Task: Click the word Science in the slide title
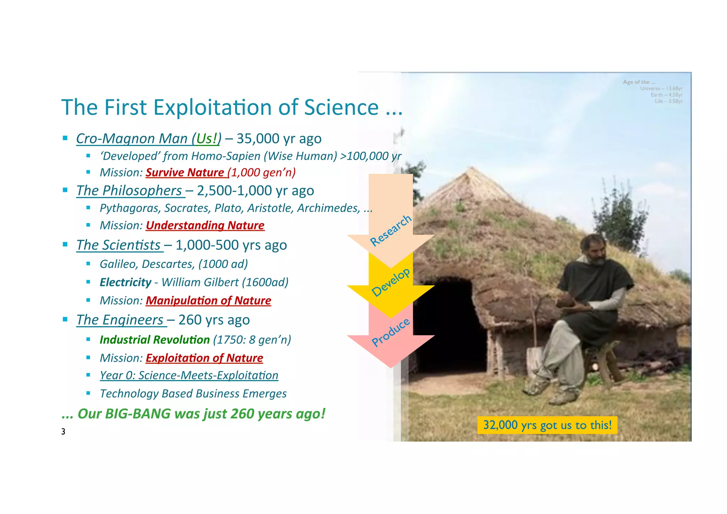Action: click(341, 107)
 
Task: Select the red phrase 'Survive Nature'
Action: click(185, 172)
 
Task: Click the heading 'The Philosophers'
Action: click(130, 191)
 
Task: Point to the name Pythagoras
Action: click(130, 208)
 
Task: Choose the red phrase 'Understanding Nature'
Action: click(205, 225)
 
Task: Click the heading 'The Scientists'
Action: click(119, 245)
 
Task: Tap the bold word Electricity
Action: click(125, 282)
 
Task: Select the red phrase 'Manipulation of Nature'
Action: click(208, 301)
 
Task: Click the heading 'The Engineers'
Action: click(120, 320)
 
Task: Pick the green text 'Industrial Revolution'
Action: click(154, 340)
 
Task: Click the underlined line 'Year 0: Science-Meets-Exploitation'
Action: click(189, 375)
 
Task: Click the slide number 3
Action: click(63, 432)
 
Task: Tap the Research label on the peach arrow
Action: click(390, 231)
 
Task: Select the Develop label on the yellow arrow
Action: click(390, 283)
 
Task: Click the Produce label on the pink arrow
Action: click(390, 332)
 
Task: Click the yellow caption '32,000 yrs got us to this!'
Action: click(547, 425)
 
